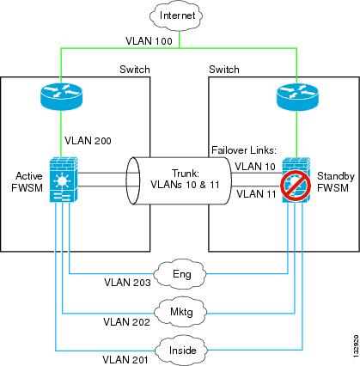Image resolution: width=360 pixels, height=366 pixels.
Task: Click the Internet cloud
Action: pos(177,15)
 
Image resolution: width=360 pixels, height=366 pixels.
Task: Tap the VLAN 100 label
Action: pos(149,41)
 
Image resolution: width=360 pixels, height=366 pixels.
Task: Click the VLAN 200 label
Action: pos(88,141)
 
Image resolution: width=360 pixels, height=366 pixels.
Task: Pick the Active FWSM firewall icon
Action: pos(64,180)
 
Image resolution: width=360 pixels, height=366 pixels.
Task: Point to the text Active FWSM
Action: pos(27,182)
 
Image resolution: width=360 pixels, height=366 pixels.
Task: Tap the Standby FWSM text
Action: pos(335,182)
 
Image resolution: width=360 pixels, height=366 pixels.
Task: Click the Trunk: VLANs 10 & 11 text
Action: pos(185,179)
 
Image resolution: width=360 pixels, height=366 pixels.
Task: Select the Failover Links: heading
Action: pos(244,150)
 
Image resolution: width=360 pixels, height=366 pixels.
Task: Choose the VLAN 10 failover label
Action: pos(255,167)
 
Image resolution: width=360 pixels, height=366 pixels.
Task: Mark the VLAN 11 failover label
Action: pos(256,194)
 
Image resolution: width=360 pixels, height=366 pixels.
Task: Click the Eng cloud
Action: pos(180,274)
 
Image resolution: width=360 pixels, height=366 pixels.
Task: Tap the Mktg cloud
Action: pos(181,312)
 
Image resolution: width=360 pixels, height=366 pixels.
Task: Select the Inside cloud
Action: pos(181,350)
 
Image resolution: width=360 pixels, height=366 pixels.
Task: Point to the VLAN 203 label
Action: pos(127,283)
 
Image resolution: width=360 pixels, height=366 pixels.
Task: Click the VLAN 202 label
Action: pos(126,322)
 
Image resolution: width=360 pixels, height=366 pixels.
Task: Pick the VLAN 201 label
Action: pos(125,360)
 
